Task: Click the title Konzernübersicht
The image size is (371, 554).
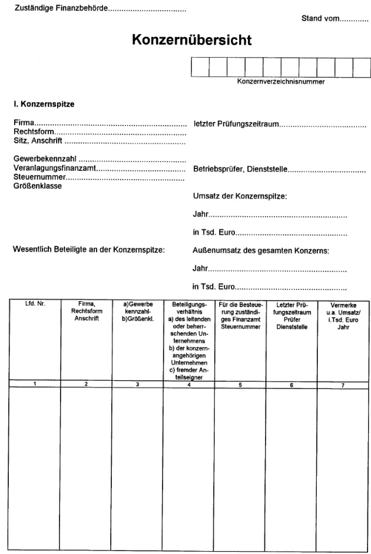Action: [192, 40]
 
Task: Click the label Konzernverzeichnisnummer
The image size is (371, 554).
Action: [281, 81]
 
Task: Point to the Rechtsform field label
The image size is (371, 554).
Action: [34, 133]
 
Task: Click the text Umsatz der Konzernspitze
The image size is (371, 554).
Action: [240, 196]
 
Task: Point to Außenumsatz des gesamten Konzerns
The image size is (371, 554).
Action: [260, 250]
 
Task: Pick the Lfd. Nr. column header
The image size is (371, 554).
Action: [35, 304]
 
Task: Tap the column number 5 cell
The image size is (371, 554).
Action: [240, 384]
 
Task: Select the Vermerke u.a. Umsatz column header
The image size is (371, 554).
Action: [343, 315]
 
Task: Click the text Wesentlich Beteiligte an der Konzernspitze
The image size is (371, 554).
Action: [89, 250]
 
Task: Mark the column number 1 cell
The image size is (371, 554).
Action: [35, 384]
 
